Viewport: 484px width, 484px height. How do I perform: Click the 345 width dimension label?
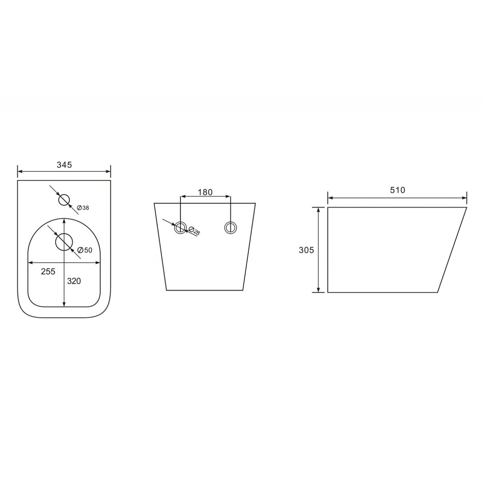[x=64, y=165]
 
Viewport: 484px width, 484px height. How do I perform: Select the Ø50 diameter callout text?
[x=85, y=250]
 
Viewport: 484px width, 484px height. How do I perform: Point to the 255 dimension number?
[x=48, y=272]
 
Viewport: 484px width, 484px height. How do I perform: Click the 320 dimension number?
[x=74, y=281]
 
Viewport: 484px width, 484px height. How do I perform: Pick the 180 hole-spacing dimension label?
[x=205, y=192]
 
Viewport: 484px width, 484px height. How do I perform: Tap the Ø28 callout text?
[x=194, y=230]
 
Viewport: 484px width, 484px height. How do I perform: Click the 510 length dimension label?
[x=397, y=190]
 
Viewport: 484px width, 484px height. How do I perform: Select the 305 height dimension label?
[x=306, y=250]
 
